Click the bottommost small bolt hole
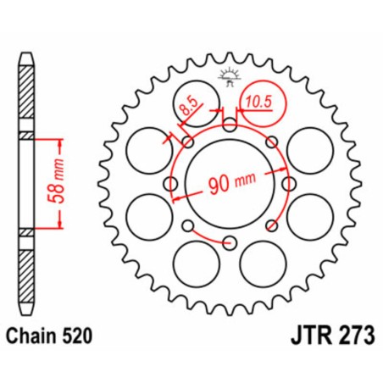click(x=230, y=243)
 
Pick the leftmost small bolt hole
click(x=171, y=185)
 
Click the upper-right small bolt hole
click(x=272, y=143)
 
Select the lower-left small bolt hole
click(x=188, y=225)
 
